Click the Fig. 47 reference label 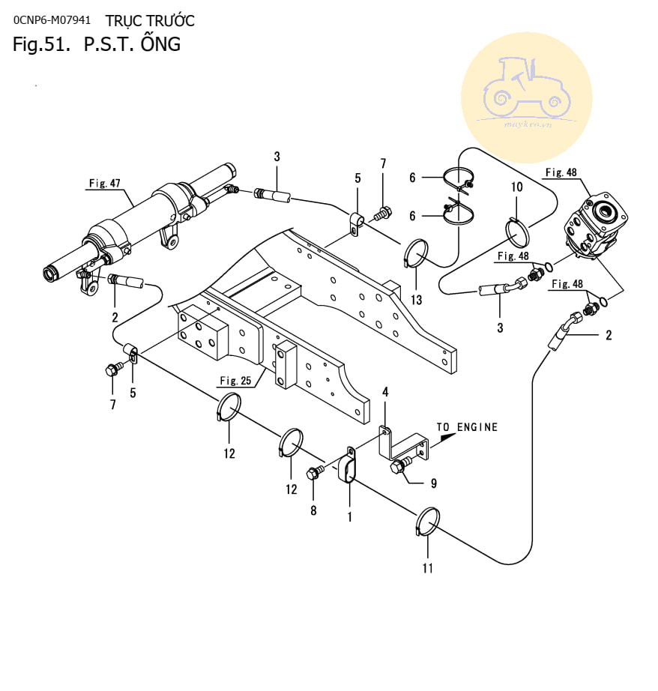[x=104, y=183]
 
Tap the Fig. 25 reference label [x=235, y=380]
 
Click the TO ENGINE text [x=468, y=427]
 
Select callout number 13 [x=416, y=300]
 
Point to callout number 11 [x=427, y=568]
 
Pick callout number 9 [x=433, y=483]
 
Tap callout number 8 [x=313, y=510]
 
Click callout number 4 [x=385, y=392]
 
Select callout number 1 [x=349, y=516]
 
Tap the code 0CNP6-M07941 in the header [x=52, y=20]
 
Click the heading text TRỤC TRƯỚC [x=150, y=20]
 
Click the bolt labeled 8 [x=314, y=473]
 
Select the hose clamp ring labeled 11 [x=428, y=522]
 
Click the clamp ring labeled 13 [x=416, y=253]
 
